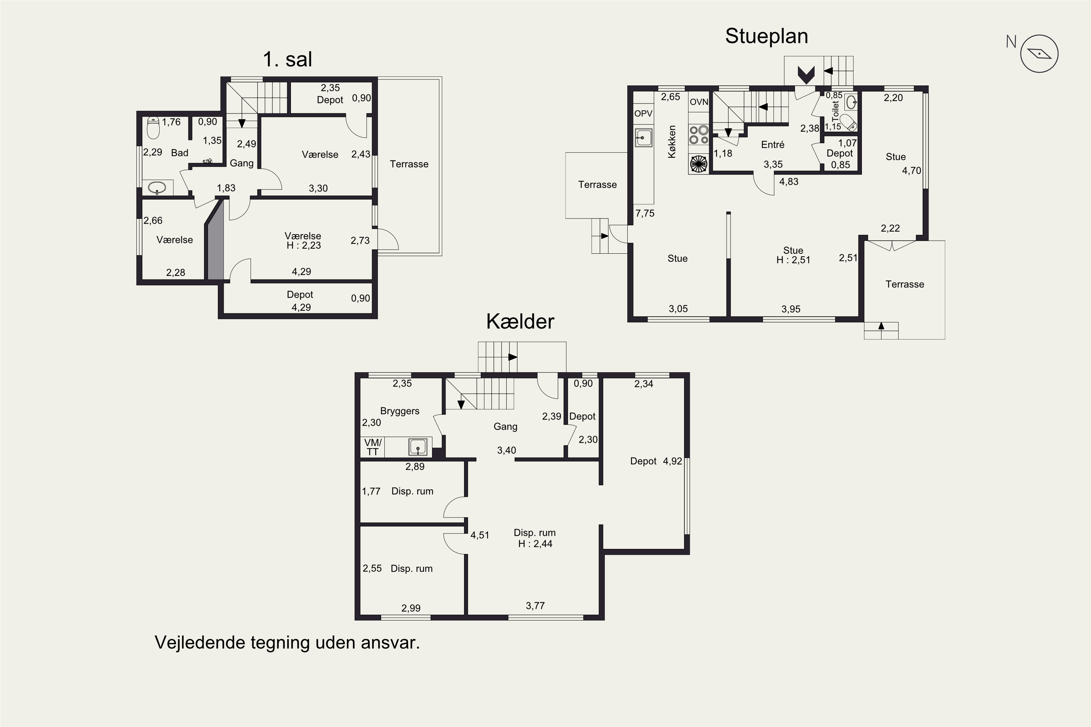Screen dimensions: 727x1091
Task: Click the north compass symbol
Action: pyautogui.click(x=1039, y=54)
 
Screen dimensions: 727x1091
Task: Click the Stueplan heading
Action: pyautogui.click(x=766, y=36)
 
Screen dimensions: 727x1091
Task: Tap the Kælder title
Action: pyautogui.click(x=520, y=321)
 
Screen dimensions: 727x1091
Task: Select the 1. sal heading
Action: pyautogui.click(x=287, y=59)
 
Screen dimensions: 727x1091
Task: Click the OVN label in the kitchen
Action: pyautogui.click(x=699, y=102)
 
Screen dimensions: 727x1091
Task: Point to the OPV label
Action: pyautogui.click(x=643, y=113)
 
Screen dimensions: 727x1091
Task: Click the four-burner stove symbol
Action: pyautogui.click(x=699, y=134)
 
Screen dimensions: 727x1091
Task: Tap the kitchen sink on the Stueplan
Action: pyautogui.click(x=644, y=138)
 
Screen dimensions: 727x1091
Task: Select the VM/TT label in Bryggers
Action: pyautogui.click(x=372, y=447)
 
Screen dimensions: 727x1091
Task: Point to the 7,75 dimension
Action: pyautogui.click(x=645, y=213)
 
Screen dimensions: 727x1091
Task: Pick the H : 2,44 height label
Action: pyautogui.click(x=535, y=544)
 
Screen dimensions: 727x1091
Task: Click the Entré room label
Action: pyautogui.click(x=772, y=145)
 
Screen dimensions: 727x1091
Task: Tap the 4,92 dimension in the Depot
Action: pyautogui.click(x=672, y=461)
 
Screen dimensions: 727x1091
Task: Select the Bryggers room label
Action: pyautogui.click(x=399, y=411)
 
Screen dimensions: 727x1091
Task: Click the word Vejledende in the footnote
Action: pyautogui.click(x=199, y=643)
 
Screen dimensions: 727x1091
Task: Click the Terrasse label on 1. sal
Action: pyautogui.click(x=409, y=164)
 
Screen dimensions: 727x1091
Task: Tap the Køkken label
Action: pyautogui.click(x=672, y=141)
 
